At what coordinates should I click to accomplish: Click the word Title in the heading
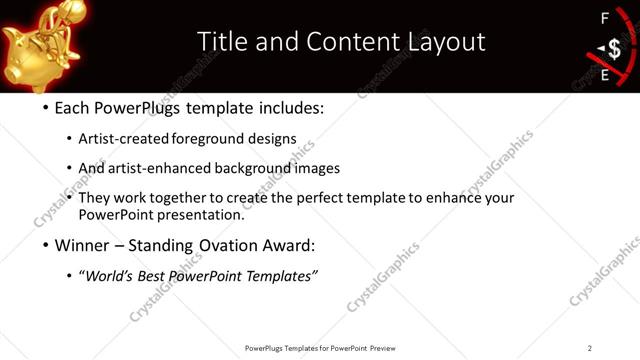pos(220,41)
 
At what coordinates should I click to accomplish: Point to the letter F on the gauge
pos(604,18)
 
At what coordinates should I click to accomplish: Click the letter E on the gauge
pos(604,74)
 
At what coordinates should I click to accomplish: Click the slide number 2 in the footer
pos(590,347)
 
